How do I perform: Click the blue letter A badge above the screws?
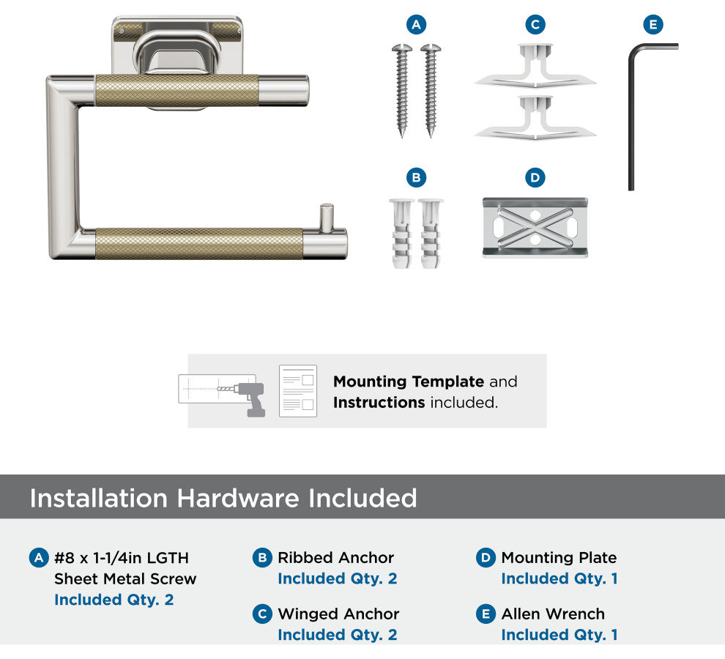(x=416, y=24)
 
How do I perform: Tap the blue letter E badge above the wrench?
(x=653, y=24)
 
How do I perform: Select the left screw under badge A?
(x=402, y=90)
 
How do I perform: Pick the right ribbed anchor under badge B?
(x=431, y=233)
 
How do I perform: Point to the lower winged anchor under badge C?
(x=535, y=117)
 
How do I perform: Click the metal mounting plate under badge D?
(x=535, y=228)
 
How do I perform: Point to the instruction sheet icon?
(x=298, y=391)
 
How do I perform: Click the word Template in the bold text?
(x=447, y=381)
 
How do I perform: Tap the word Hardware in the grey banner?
(x=238, y=498)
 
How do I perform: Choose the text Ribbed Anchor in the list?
(x=335, y=557)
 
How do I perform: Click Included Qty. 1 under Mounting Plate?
(x=559, y=578)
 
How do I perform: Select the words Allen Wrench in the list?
(x=553, y=614)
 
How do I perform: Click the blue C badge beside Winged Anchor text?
(x=262, y=614)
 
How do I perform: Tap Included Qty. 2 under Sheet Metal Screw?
(x=114, y=600)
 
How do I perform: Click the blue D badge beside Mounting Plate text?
(x=486, y=558)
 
